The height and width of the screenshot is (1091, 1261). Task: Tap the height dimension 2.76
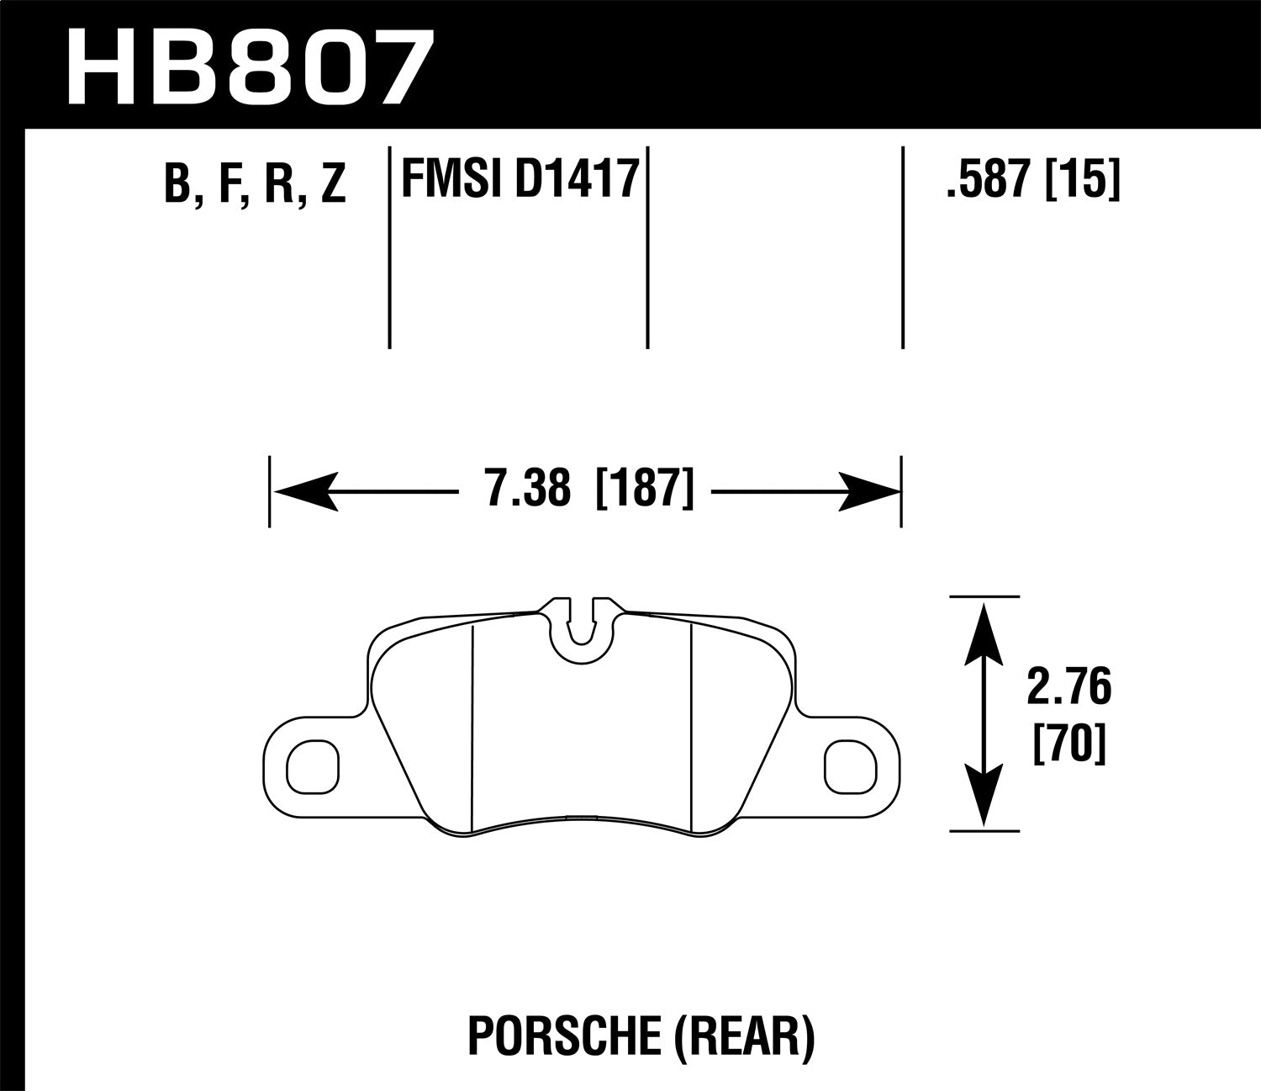pyautogui.click(x=1068, y=688)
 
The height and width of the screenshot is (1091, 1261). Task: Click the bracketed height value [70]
pyautogui.click(x=1068, y=744)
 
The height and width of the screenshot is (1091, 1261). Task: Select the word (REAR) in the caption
pyautogui.click(x=743, y=1036)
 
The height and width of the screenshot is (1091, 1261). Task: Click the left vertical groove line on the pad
pyautogui.click(x=473, y=728)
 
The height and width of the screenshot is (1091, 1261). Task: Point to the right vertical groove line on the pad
pyautogui.click(x=690, y=728)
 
